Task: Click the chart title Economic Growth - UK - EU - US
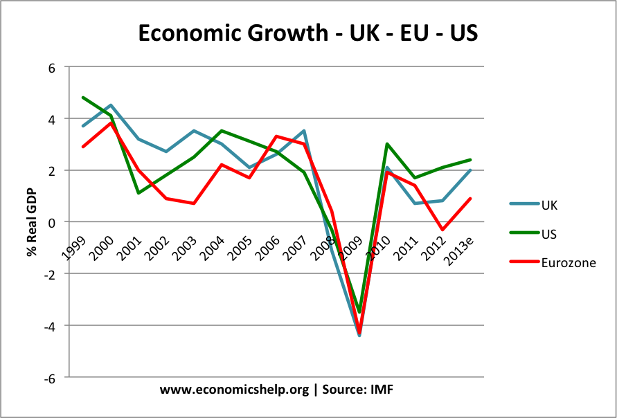[x=307, y=33]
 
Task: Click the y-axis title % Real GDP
[x=32, y=221]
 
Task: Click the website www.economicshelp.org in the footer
[x=234, y=390]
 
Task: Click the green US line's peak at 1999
[x=83, y=98]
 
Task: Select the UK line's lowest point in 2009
[x=359, y=335]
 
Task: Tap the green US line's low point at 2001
[x=138, y=193]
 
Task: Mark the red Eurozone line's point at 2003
[x=194, y=203]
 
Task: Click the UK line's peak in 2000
[x=111, y=105]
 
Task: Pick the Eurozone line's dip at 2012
[x=442, y=229]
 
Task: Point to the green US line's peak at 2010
[x=387, y=144]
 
